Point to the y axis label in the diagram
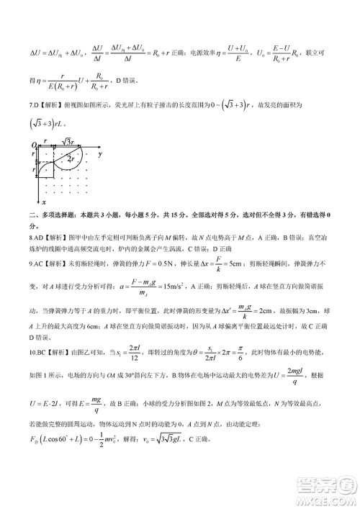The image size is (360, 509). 99,154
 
